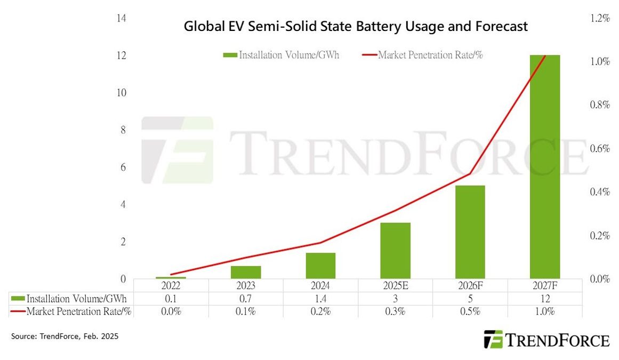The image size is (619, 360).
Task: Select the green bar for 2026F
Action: pos(470,232)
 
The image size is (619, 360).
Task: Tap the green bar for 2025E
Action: pos(395,251)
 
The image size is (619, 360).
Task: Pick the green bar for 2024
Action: pos(320,266)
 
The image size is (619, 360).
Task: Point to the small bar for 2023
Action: pos(246,272)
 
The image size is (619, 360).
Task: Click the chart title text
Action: pos(356,26)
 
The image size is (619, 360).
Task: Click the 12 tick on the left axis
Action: pos(121,55)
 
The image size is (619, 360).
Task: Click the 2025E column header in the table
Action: pos(395,285)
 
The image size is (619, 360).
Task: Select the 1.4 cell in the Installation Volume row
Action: pos(320,299)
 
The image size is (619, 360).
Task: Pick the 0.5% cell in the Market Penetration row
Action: pos(470,311)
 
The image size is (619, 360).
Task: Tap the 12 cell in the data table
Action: pos(544,299)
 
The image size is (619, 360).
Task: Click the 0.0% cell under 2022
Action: pos(171,311)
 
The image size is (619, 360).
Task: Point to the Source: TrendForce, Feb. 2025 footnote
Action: pos(65,337)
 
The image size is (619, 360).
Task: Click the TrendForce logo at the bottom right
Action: pos(546,340)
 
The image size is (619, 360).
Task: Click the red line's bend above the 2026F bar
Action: pos(470,174)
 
